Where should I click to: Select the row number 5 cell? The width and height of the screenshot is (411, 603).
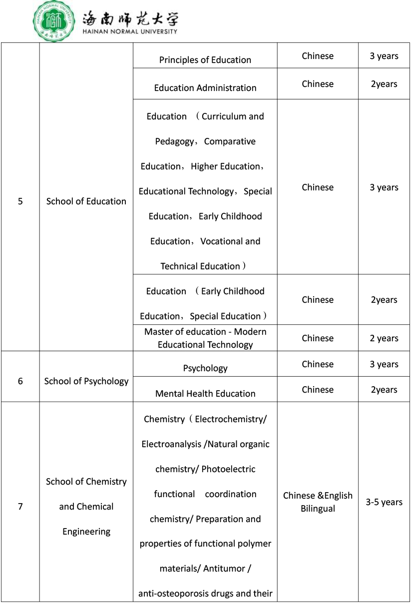point(20,202)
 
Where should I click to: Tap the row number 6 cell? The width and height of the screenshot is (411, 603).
point(20,381)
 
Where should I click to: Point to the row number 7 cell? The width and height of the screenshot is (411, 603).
point(20,507)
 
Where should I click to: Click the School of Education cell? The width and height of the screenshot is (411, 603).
point(86,202)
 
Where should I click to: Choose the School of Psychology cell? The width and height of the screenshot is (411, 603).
point(86,381)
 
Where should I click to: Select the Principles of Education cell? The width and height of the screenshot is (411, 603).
point(205,60)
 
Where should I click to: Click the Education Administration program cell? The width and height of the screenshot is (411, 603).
point(205,88)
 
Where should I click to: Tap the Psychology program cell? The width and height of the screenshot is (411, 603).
point(205,368)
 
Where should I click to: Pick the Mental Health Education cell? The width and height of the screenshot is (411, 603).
point(205,394)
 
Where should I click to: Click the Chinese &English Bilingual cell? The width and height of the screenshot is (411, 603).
point(318,502)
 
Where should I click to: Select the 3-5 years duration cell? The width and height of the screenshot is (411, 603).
point(384,502)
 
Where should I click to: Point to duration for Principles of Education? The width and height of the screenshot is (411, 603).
point(384,56)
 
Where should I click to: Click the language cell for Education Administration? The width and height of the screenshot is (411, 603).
point(318,84)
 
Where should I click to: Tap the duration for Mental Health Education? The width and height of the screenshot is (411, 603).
point(384,390)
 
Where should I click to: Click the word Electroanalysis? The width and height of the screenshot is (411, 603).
point(172,444)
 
